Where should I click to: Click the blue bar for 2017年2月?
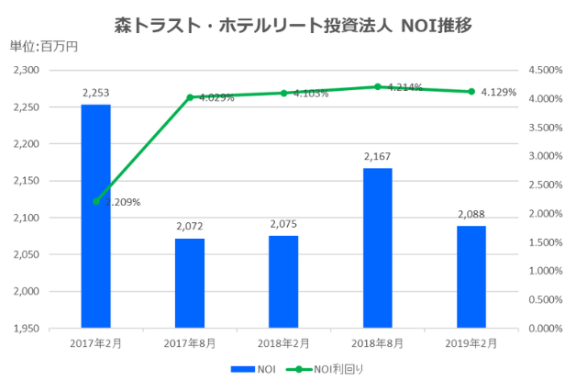tap(95, 216)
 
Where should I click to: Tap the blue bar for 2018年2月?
tap(283, 282)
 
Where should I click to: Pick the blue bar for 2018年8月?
tap(377, 248)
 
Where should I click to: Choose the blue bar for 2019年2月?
tap(471, 276)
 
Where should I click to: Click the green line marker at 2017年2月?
tap(95, 201)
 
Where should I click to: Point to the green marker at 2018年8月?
tap(377, 86)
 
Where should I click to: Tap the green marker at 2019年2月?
tap(471, 92)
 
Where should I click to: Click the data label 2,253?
tap(95, 93)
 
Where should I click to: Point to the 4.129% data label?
tap(498, 92)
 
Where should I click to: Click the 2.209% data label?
tap(122, 202)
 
